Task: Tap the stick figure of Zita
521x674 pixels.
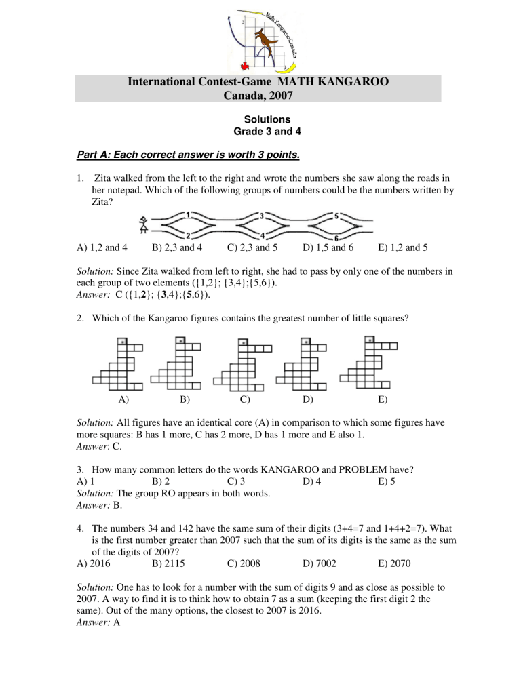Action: tap(142, 225)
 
